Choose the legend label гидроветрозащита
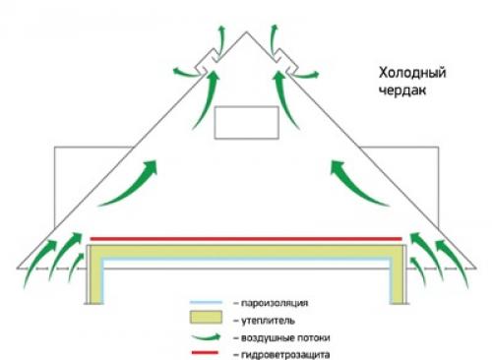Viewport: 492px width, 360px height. tap(277, 351)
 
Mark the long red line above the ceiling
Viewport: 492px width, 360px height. tap(246, 238)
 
